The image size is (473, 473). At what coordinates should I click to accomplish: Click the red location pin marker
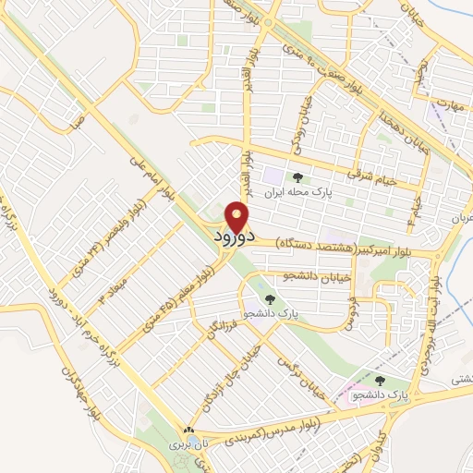point(237,216)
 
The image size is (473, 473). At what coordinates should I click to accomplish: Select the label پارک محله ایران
point(298,194)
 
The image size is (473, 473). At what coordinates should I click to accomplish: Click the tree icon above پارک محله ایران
point(297,177)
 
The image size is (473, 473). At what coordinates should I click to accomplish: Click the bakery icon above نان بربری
point(189,431)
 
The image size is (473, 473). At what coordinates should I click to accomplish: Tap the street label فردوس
point(352,315)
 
